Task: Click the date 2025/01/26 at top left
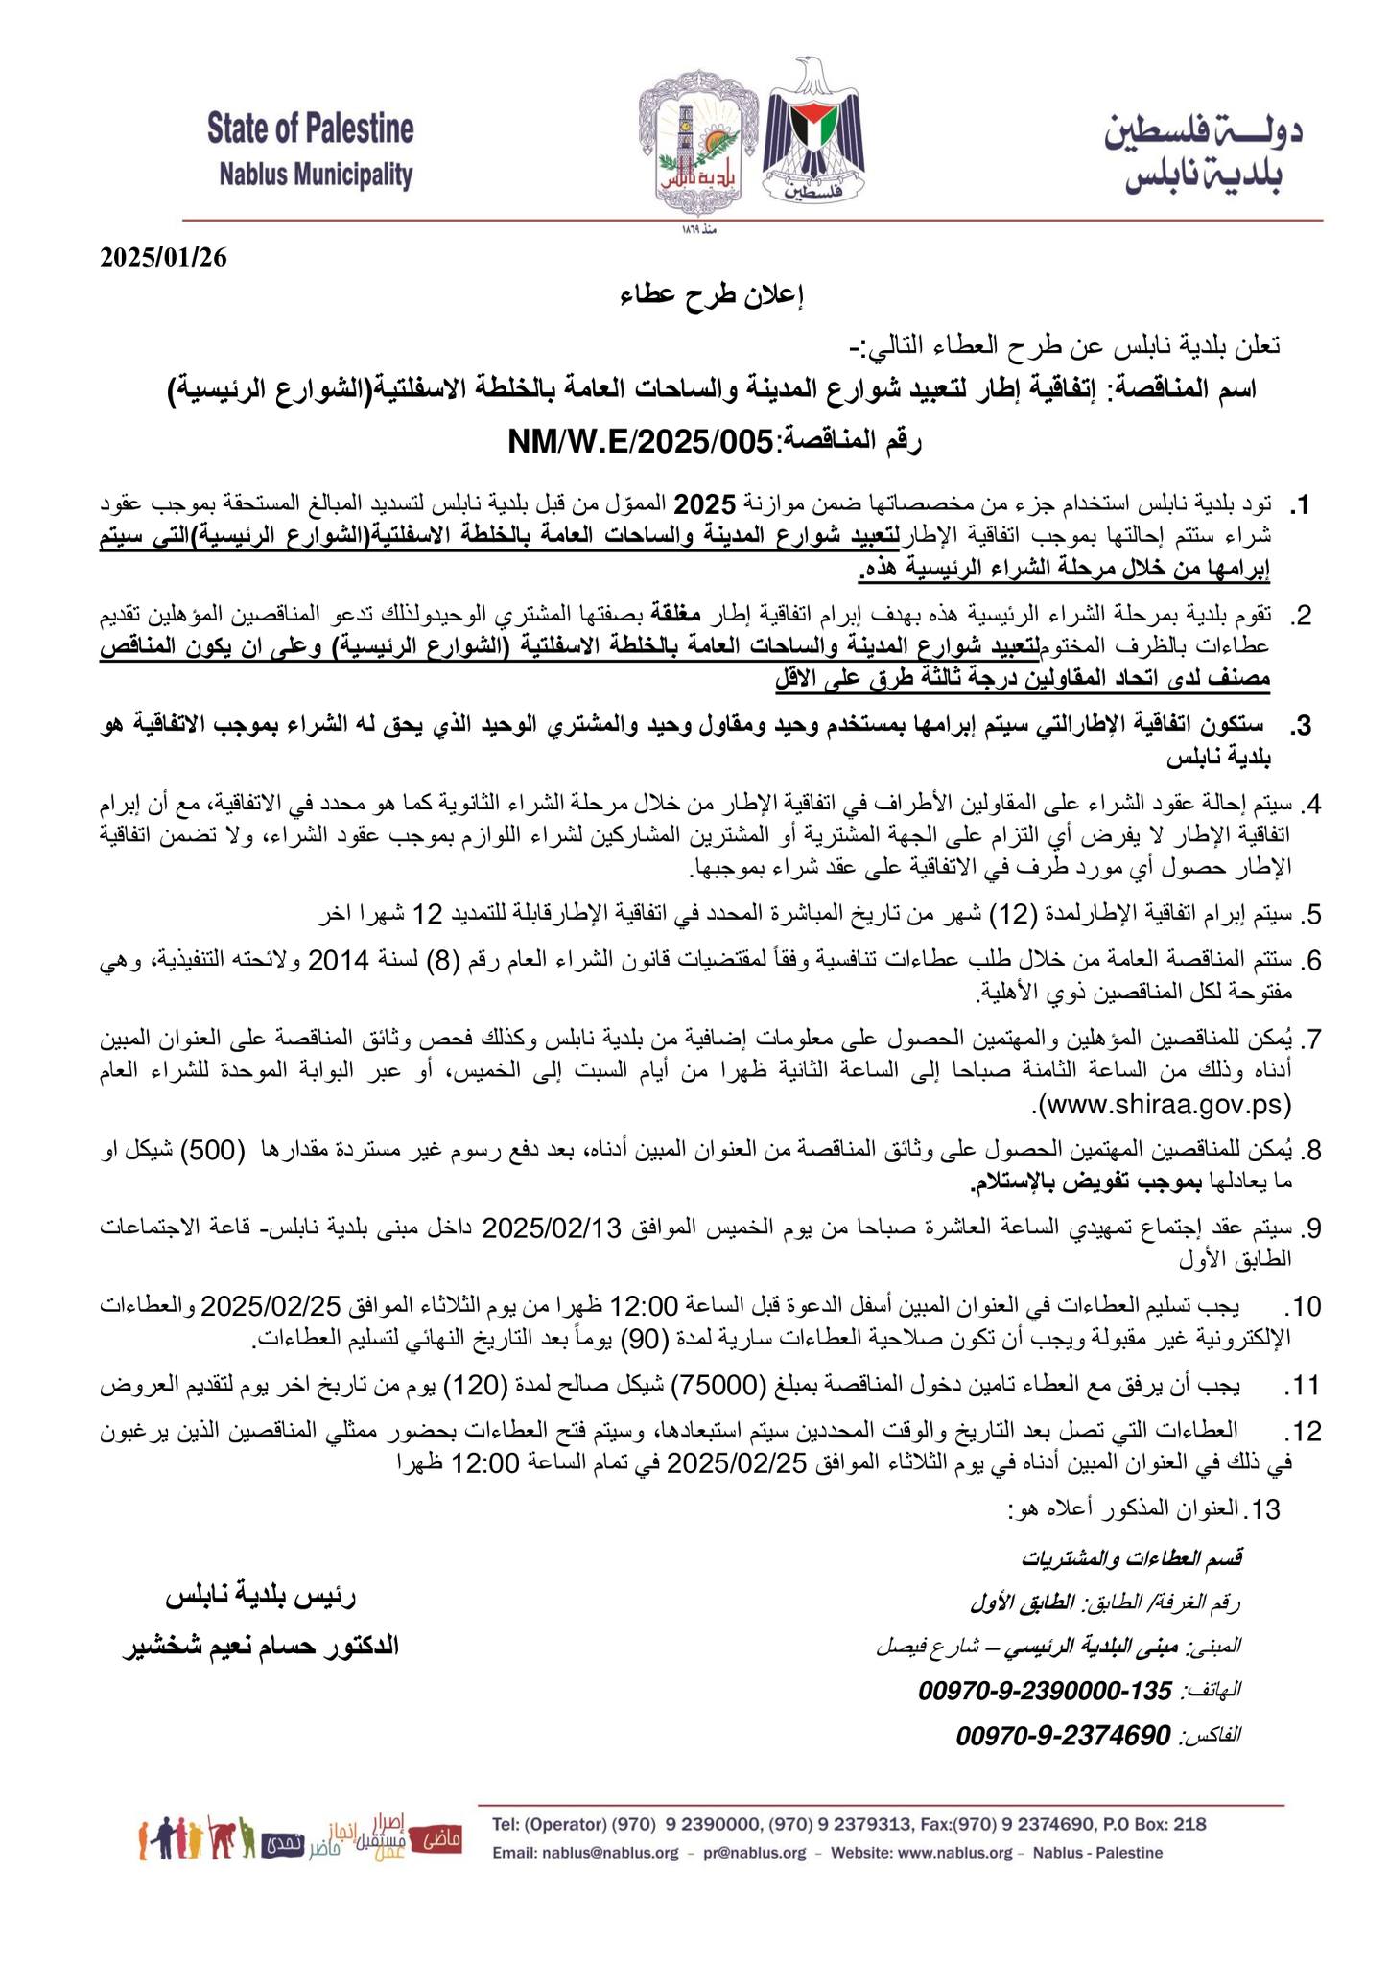(x=163, y=259)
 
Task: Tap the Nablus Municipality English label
(x=316, y=175)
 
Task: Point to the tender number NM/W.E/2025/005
(x=640, y=442)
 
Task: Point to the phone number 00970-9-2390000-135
(x=1046, y=1691)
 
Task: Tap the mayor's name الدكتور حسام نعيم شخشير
(x=260, y=1647)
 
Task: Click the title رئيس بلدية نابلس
(x=261, y=1598)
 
